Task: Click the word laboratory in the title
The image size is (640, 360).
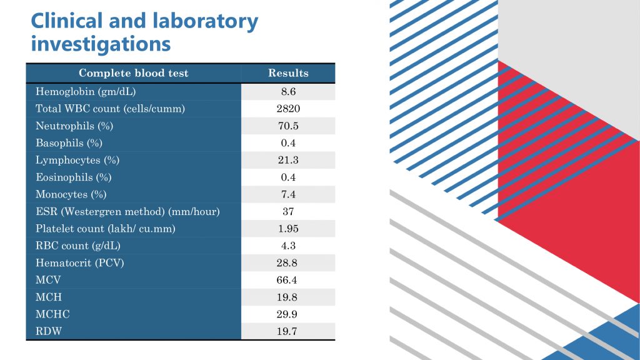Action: click(205, 21)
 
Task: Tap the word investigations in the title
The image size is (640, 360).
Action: click(101, 44)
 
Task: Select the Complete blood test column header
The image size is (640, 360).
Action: click(133, 73)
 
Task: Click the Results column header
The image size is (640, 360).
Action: click(288, 73)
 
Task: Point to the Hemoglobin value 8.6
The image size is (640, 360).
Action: click(288, 92)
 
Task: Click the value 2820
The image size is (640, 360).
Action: click(288, 109)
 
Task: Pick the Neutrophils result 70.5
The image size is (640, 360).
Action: click(288, 126)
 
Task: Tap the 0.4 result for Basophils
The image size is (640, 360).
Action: click(288, 143)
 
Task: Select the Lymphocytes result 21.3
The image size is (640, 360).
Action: click(288, 160)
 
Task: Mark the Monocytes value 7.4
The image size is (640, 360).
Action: click(288, 194)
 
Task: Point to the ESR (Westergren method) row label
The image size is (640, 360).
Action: click(127, 212)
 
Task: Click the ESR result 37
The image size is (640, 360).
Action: click(288, 212)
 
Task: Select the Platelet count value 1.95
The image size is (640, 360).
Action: click(288, 229)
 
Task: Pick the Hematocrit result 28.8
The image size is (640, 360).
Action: click(288, 263)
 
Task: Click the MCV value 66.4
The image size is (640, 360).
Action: click(288, 280)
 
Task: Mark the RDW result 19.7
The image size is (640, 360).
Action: click(288, 331)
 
